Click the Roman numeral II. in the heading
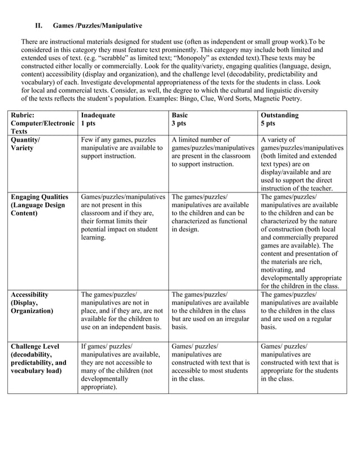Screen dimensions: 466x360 (x=39, y=25)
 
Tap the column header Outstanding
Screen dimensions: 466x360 (x=281, y=115)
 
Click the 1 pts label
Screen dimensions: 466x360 (x=88, y=123)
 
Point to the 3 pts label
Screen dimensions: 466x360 (x=179, y=123)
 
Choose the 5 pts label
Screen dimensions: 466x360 (x=268, y=123)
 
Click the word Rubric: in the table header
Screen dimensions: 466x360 (x=23, y=115)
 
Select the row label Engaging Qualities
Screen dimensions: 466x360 (x=38, y=197)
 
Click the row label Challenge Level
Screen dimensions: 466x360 (x=34, y=346)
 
